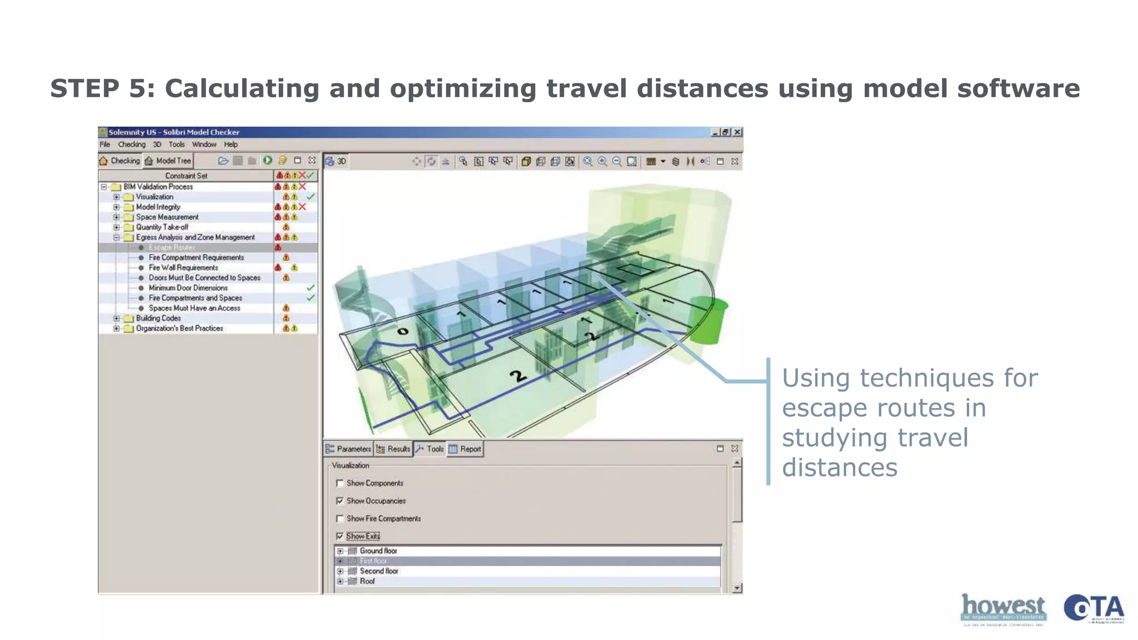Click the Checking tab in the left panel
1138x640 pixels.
[x=120, y=161]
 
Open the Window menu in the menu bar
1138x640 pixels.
[x=204, y=144]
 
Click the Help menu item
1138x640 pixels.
[x=231, y=144]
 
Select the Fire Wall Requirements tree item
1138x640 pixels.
[x=183, y=268]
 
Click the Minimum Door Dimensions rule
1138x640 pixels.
[x=188, y=288]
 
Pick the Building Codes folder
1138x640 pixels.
[x=158, y=318]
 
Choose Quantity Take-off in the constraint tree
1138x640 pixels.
[x=162, y=227]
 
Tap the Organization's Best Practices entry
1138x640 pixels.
[x=179, y=328]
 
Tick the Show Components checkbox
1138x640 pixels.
[x=340, y=483]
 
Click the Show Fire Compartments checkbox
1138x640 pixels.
[x=340, y=519]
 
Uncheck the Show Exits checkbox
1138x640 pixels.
[x=340, y=536]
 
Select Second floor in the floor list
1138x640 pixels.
[x=378, y=571]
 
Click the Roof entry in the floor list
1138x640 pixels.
[x=367, y=581]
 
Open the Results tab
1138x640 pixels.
[x=393, y=449]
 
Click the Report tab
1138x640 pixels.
[x=465, y=449]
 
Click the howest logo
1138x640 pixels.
[x=1003, y=608]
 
